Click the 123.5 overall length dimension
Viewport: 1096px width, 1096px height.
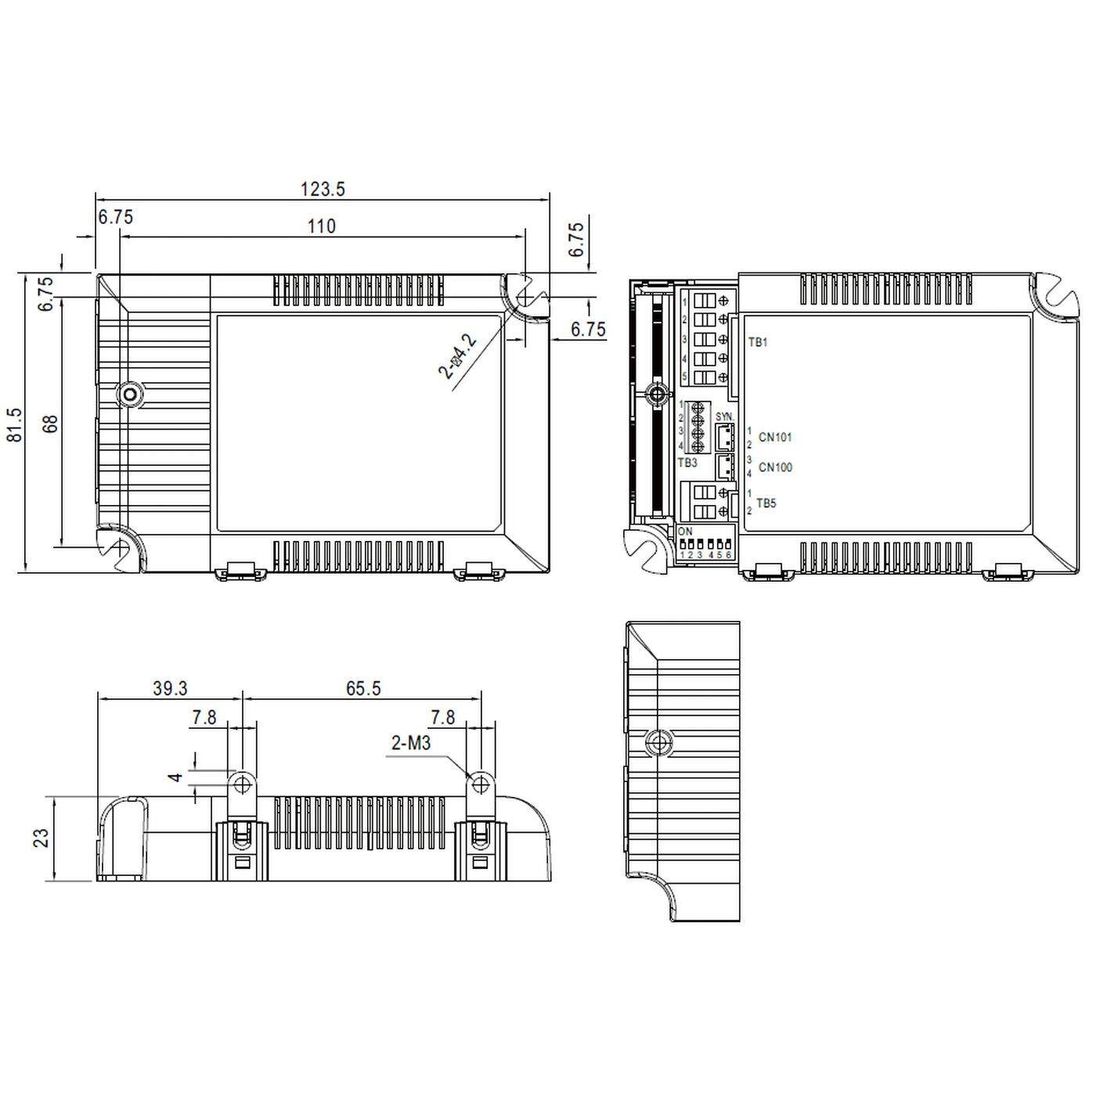click(323, 189)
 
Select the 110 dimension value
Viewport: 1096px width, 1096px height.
click(321, 226)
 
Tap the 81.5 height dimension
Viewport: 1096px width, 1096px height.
click(15, 425)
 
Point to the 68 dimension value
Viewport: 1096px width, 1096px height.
click(50, 424)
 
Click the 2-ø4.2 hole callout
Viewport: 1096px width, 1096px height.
click(458, 356)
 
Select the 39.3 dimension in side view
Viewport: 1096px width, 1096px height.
click(170, 688)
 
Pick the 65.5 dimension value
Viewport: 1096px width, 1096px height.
click(362, 688)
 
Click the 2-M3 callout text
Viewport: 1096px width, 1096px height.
click(411, 743)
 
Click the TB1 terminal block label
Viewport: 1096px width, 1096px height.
click(758, 343)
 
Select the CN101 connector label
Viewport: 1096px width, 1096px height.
click(775, 438)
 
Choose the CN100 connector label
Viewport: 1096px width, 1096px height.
click(775, 467)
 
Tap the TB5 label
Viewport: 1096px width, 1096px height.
click(766, 503)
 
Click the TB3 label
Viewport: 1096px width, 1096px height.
click(687, 463)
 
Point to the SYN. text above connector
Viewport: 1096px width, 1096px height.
click(724, 416)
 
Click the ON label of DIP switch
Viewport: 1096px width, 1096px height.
click(685, 532)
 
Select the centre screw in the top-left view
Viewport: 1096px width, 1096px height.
click(129, 395)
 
